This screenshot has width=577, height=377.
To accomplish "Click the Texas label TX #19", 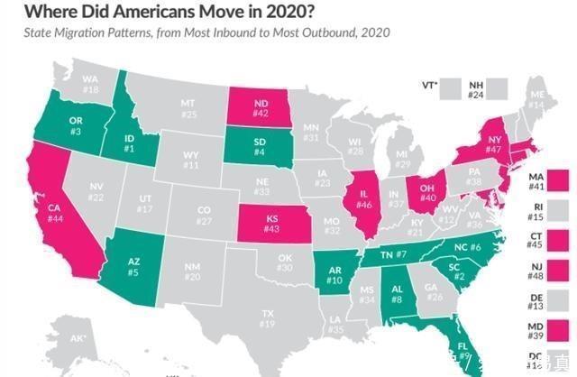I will (268, 318).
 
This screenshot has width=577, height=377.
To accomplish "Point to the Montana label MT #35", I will (188, 108).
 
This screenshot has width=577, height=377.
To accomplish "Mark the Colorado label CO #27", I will (204, 216).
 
